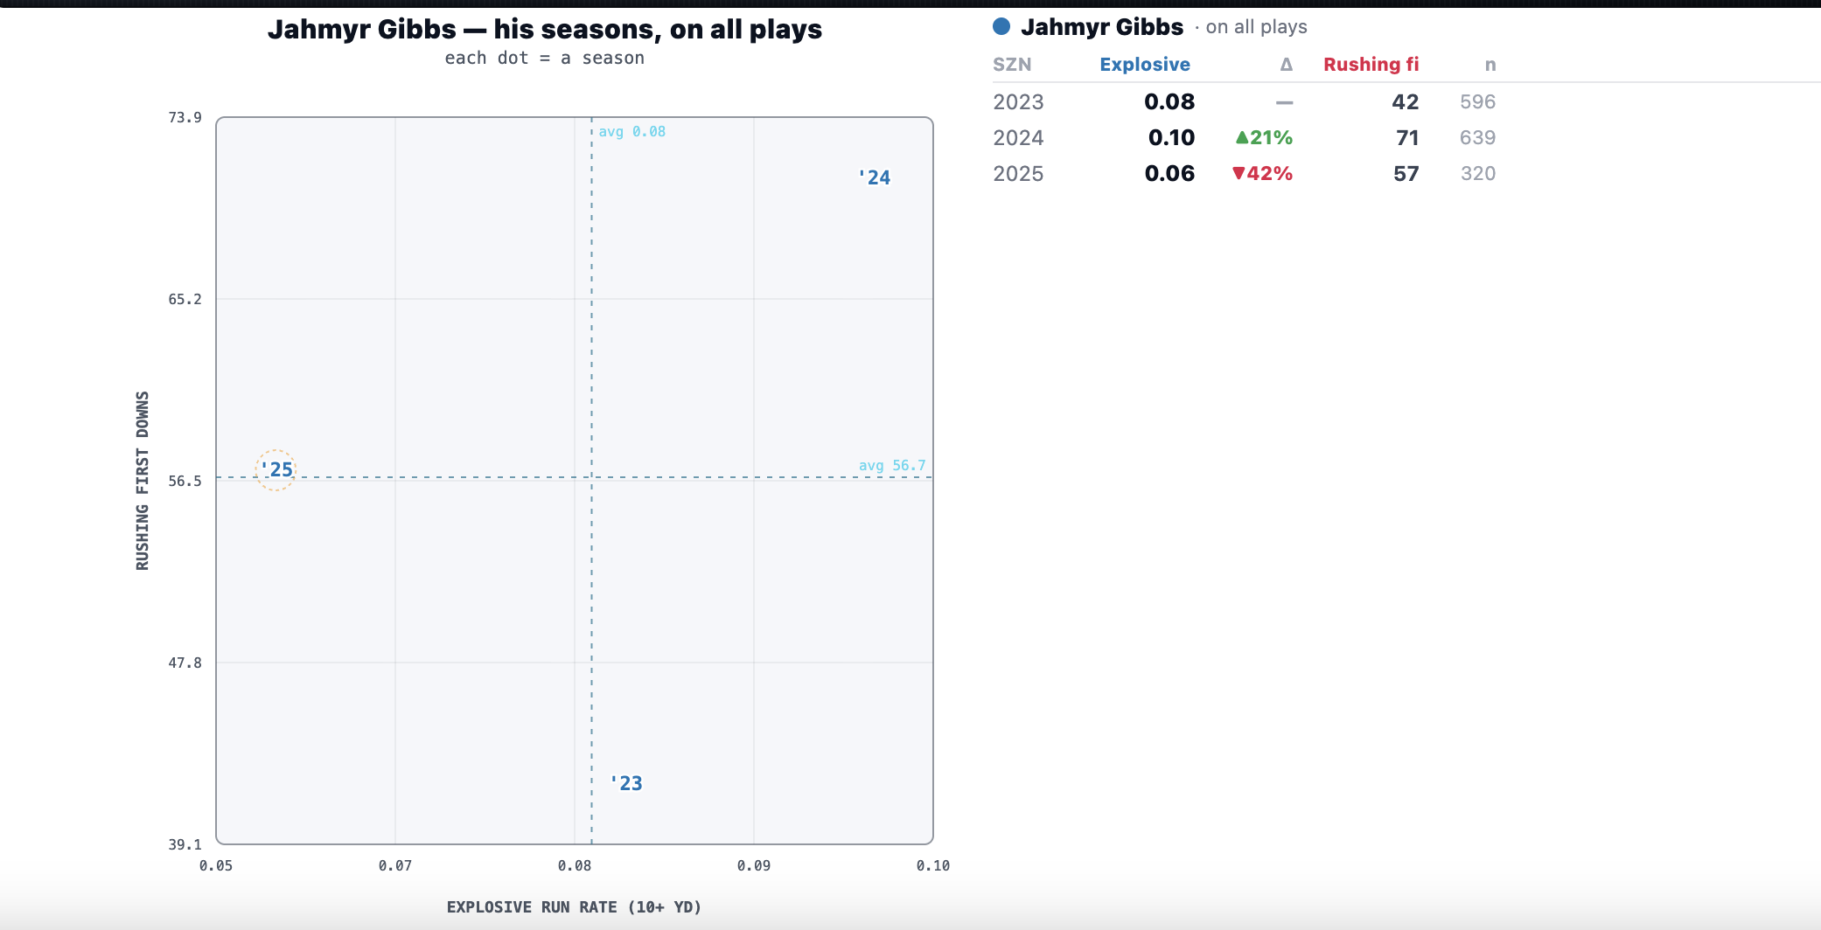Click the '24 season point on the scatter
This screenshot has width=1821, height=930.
pyautogui.click(x=875, y=177)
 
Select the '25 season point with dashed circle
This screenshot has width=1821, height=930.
pyautogui.click(x=276, y=470)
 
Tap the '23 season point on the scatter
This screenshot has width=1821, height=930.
pyautogui.click(x=626, y=783)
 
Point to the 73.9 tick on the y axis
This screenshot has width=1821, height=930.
pyautogui.click(x=185, y=117)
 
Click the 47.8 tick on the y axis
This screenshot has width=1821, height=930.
pyautogui.click(x=185, y=663)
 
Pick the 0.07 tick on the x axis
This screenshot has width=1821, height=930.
pyautogui.click(x=395, y=865)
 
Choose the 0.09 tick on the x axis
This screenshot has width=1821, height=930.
pyautogui.click(x=754, y=865)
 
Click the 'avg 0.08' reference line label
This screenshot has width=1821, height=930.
pyautogui.click(x=632, y=131)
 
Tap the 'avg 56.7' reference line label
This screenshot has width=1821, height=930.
pyautogui.click(x=892, y=465)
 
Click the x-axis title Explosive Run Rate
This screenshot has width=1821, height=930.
pyautogui.click(x=574, y=907)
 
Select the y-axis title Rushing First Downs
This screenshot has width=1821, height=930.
pyautogui.click(x=143, y=481)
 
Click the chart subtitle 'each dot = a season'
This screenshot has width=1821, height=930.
pyautogui.click(x=544, y=58)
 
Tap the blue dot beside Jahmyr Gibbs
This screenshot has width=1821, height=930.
pyautogui.click(x=1001, y=27)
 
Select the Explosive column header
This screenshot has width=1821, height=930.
pyautogui.click(x=1145, y=65)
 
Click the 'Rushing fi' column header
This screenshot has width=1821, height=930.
pyautogui.click(x=1371, y=65)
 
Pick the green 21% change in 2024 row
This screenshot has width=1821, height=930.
pyautogui.click(x=1264, y=137)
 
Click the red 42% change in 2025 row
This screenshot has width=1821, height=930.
pyautogui.click(x=1262, y=173)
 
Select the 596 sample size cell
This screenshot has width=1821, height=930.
pyautogui.click(x=1477, y=101)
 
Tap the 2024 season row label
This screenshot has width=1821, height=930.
pyautogui.click(x=1018, y=137)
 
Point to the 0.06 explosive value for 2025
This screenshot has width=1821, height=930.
pyautogui.click(x=1169, y=173)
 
